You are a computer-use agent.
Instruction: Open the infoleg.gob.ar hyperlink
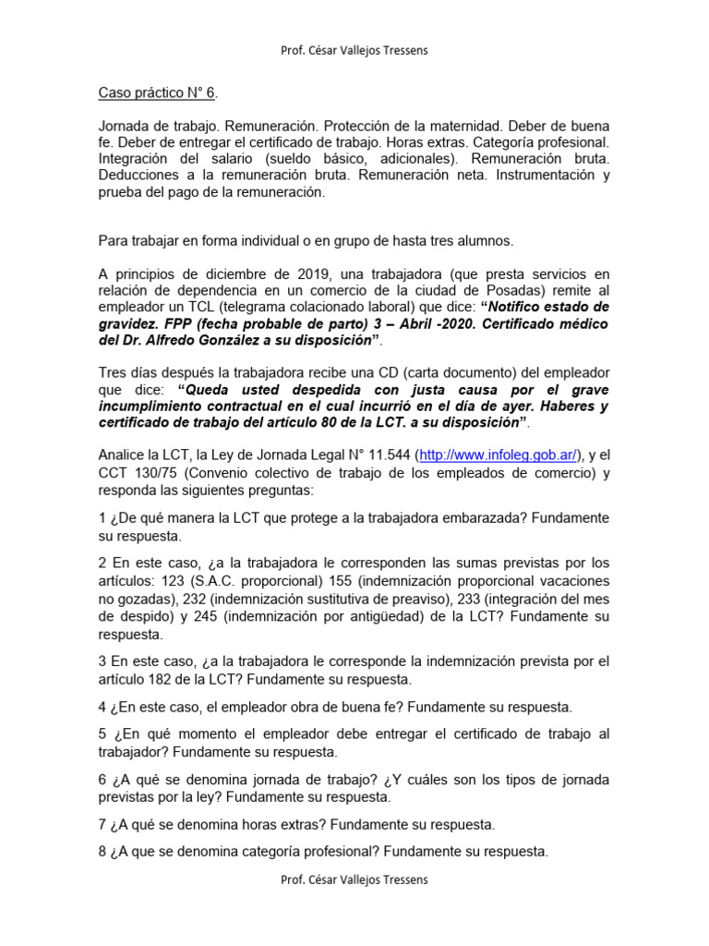[x=499, y=455]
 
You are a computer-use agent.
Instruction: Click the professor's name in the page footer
[x=354, y=880]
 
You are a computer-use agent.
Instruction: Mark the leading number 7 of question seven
[x=102, y=824]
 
